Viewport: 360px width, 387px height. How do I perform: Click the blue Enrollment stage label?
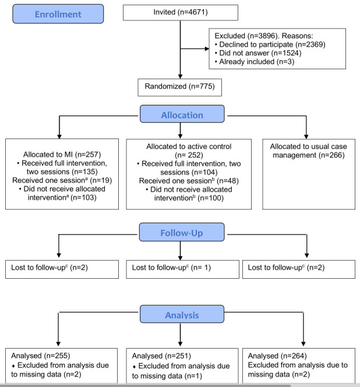pos(58,14)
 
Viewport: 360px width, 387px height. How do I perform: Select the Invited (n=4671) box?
pos(181,13)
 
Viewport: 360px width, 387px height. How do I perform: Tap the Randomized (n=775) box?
pos(179,87)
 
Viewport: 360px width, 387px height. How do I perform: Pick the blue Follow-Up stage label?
pos(182,232)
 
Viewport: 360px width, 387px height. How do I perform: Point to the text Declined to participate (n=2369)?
pos(270,45)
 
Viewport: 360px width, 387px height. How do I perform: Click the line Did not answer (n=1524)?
pos(258,53)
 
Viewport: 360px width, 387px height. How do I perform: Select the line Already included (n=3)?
pos(255,62)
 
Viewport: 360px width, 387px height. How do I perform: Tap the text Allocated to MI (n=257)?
pos(62,154)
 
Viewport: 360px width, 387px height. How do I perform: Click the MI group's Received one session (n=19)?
pos(62,180)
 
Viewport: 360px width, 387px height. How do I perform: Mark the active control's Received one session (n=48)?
pos(189,181)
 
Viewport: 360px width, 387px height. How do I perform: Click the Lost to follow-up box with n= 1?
pos(182,269)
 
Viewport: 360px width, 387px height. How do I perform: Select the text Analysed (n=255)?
pos(41,356)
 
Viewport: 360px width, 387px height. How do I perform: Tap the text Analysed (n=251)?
pos(161,356)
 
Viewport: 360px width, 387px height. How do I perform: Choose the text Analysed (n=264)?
pos(277,356)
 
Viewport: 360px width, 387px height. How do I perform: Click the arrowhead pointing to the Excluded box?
pos(207,49)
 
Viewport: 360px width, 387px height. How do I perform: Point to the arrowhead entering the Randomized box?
pos(181,76)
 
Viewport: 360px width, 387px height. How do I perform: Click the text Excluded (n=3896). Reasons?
pos(264,36)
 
